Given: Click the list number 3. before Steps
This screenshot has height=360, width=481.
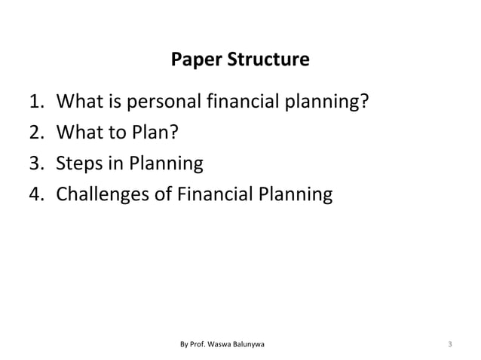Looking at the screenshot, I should tap(37, 163).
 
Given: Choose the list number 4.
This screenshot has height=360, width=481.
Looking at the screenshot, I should tap(37, 195).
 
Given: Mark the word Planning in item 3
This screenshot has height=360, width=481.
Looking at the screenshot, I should tap(167, 163).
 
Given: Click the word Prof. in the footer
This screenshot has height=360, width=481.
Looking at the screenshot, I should tap(199, 345).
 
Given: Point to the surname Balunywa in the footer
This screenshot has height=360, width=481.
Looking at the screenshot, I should tap(258, 345).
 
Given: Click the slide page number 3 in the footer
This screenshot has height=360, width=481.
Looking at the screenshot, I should tap(449, 345).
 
